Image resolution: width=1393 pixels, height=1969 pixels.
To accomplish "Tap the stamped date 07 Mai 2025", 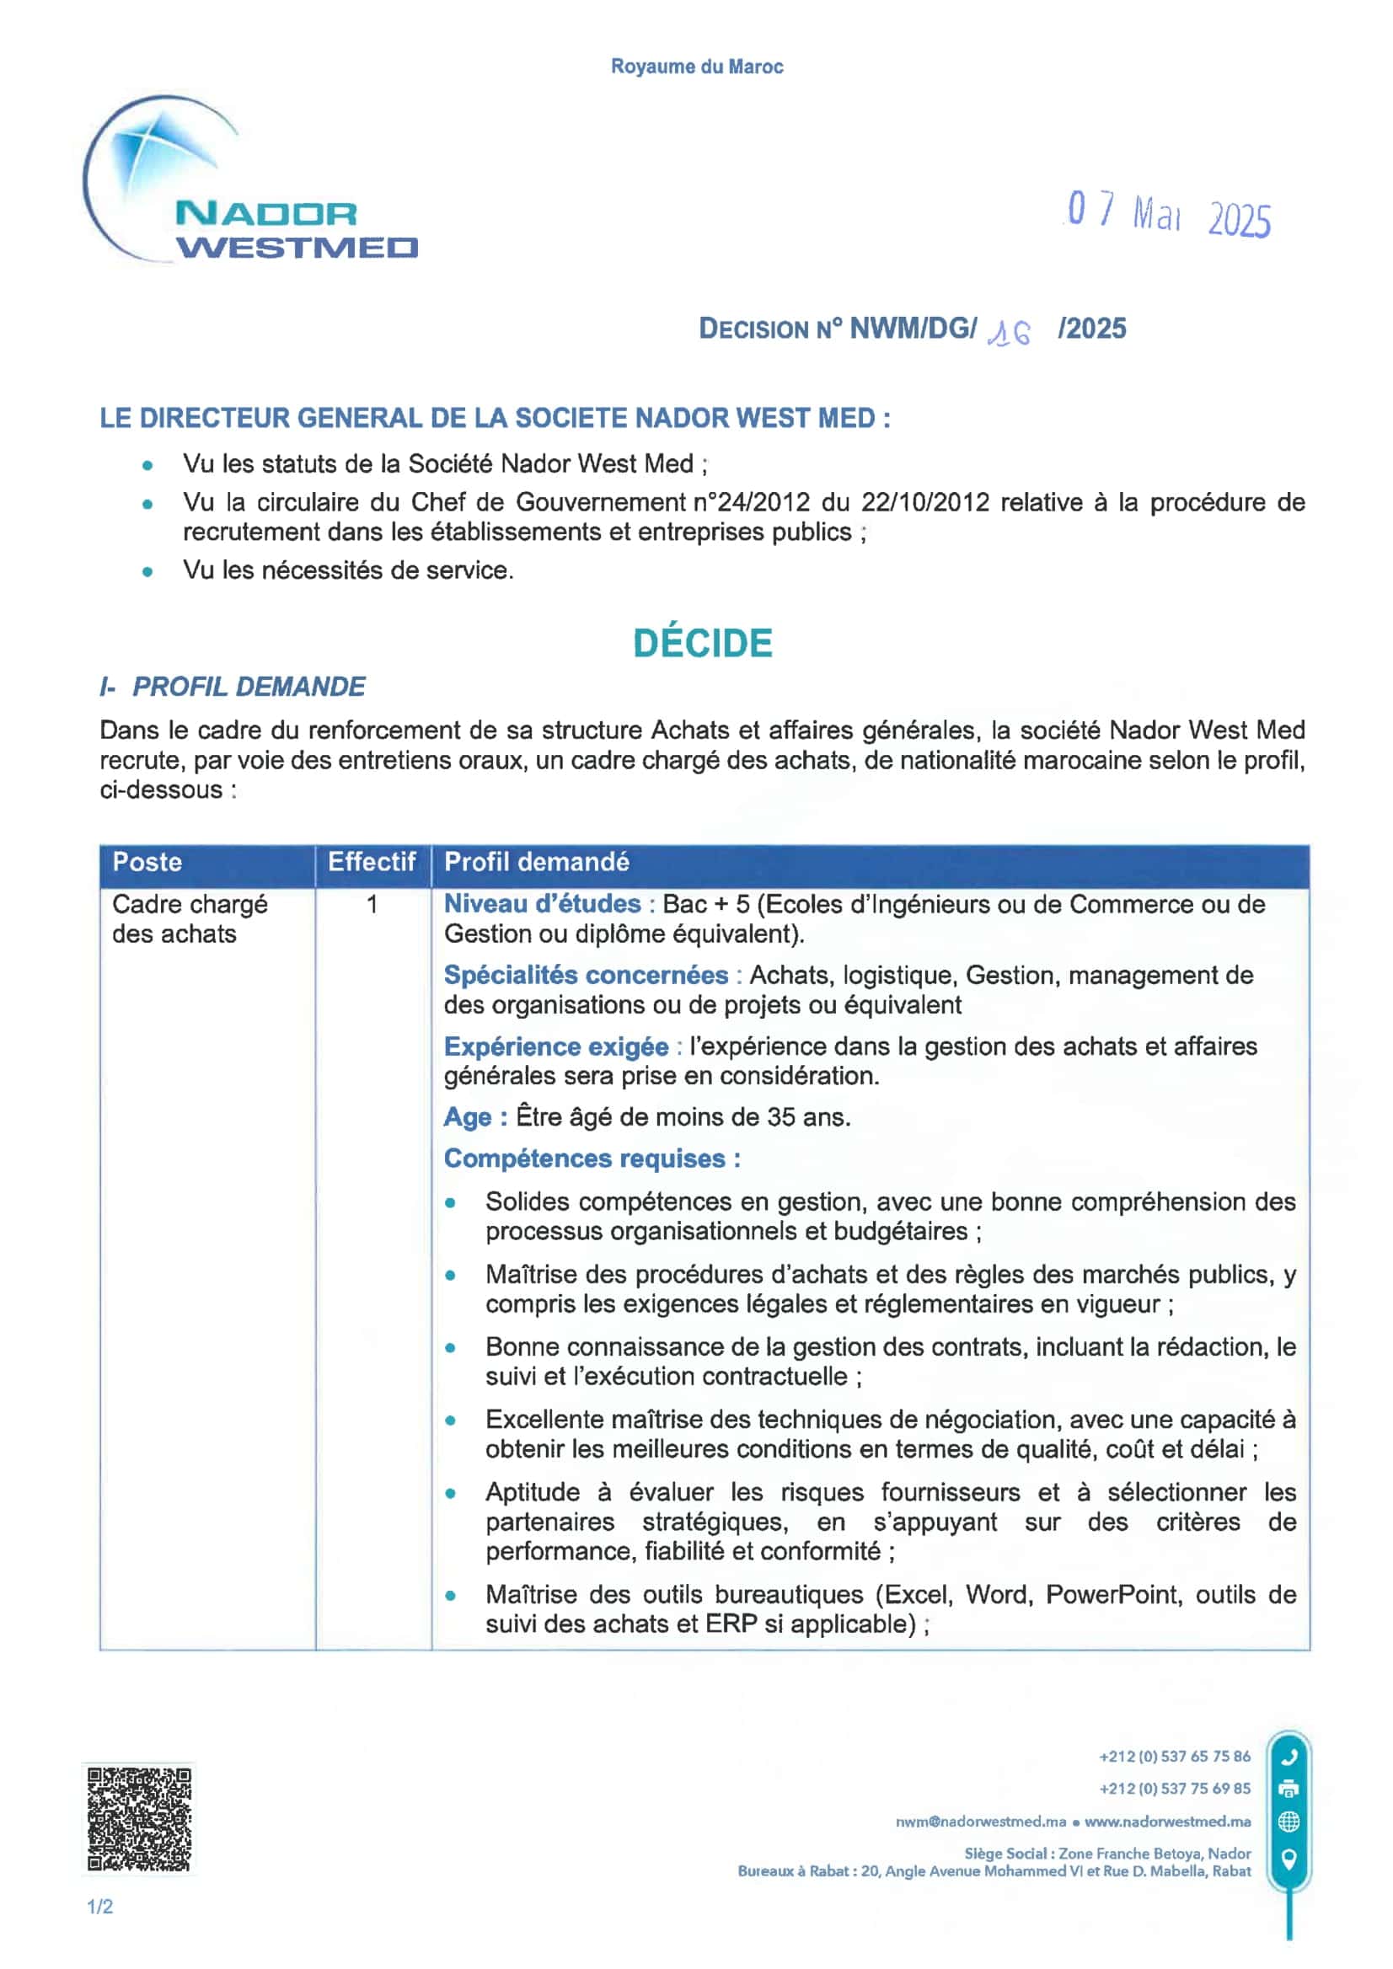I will click(x=1167, y=214).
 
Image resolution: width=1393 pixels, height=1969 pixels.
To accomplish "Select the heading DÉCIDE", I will click(x=703, y=643).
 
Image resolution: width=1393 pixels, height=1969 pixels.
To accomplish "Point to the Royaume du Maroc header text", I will click(x=696, y=67).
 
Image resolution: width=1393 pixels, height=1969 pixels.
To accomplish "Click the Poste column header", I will click(x=147, y=862).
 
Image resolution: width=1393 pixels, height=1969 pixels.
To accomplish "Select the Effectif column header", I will click(x=372, y=862).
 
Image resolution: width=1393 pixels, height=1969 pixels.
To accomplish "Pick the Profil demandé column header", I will click(x=537, y=862).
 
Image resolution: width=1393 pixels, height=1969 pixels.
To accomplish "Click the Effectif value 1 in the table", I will click(x=372, y=904).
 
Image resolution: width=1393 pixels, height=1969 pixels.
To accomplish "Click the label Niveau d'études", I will click(x=542, y=904).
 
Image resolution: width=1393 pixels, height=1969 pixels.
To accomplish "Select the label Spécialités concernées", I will click(x=586, y=975).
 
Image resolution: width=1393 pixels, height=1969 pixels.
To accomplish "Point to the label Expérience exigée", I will click(x=556, y=1046).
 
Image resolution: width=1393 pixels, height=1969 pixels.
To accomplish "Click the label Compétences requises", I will click(x=592, y=1158).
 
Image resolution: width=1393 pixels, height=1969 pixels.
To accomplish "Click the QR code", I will click(x=139, y=1818).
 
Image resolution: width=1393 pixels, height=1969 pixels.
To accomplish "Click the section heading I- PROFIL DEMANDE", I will click(x=233, y=687).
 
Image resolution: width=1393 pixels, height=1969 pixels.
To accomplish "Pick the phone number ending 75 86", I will click(x=1174, y=1757).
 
